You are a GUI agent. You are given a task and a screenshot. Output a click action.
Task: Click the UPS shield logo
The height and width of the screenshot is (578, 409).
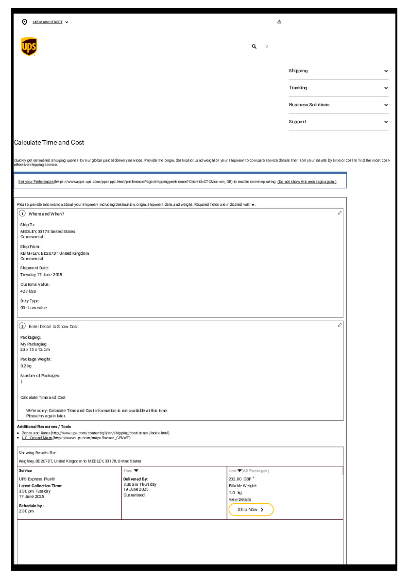click(x=29, y=47)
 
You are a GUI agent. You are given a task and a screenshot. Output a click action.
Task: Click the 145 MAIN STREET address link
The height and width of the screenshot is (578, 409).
click(x=48, y=22)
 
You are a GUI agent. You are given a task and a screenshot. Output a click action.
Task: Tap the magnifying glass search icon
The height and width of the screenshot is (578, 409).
click(x=254, y=47)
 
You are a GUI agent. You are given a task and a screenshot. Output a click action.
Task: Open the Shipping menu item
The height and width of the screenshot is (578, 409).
click(x=298, y=71)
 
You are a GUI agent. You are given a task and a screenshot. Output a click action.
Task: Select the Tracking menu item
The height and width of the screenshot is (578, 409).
click(x=298, y=88)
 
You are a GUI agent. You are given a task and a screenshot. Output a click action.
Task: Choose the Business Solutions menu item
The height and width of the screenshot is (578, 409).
click(x=309, y=105)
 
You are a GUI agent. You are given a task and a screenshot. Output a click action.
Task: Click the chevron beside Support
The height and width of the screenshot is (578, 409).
click(x=386, y=122)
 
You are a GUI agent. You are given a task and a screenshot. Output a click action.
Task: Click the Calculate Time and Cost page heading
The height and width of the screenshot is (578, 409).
click(x=49, y=143)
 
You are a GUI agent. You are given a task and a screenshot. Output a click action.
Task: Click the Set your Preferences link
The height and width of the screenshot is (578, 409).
click(x=36, y=182)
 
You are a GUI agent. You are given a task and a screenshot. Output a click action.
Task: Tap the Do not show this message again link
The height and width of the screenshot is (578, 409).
click(x=307, y=182)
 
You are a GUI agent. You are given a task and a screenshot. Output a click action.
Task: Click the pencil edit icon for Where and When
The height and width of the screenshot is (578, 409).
click(x=340, y=213)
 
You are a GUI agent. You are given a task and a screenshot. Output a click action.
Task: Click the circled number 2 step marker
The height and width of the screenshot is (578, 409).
click(x=22, y=326)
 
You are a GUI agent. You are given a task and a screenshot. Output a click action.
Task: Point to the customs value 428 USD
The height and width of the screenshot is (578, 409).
click(x=28, y=291)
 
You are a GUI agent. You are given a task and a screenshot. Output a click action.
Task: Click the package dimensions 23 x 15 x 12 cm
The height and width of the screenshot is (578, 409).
click(x=35, y=349)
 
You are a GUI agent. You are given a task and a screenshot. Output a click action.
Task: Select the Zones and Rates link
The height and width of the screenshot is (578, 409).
click(x=36, y=433)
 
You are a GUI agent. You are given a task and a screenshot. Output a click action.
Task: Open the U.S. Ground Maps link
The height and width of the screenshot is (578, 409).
click(x=37, y=438)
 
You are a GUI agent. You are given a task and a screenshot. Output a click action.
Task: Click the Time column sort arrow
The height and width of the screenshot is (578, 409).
click(x=136, y=471)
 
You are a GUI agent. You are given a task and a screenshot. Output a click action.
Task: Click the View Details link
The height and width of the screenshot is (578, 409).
click(x=240, y=499)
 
